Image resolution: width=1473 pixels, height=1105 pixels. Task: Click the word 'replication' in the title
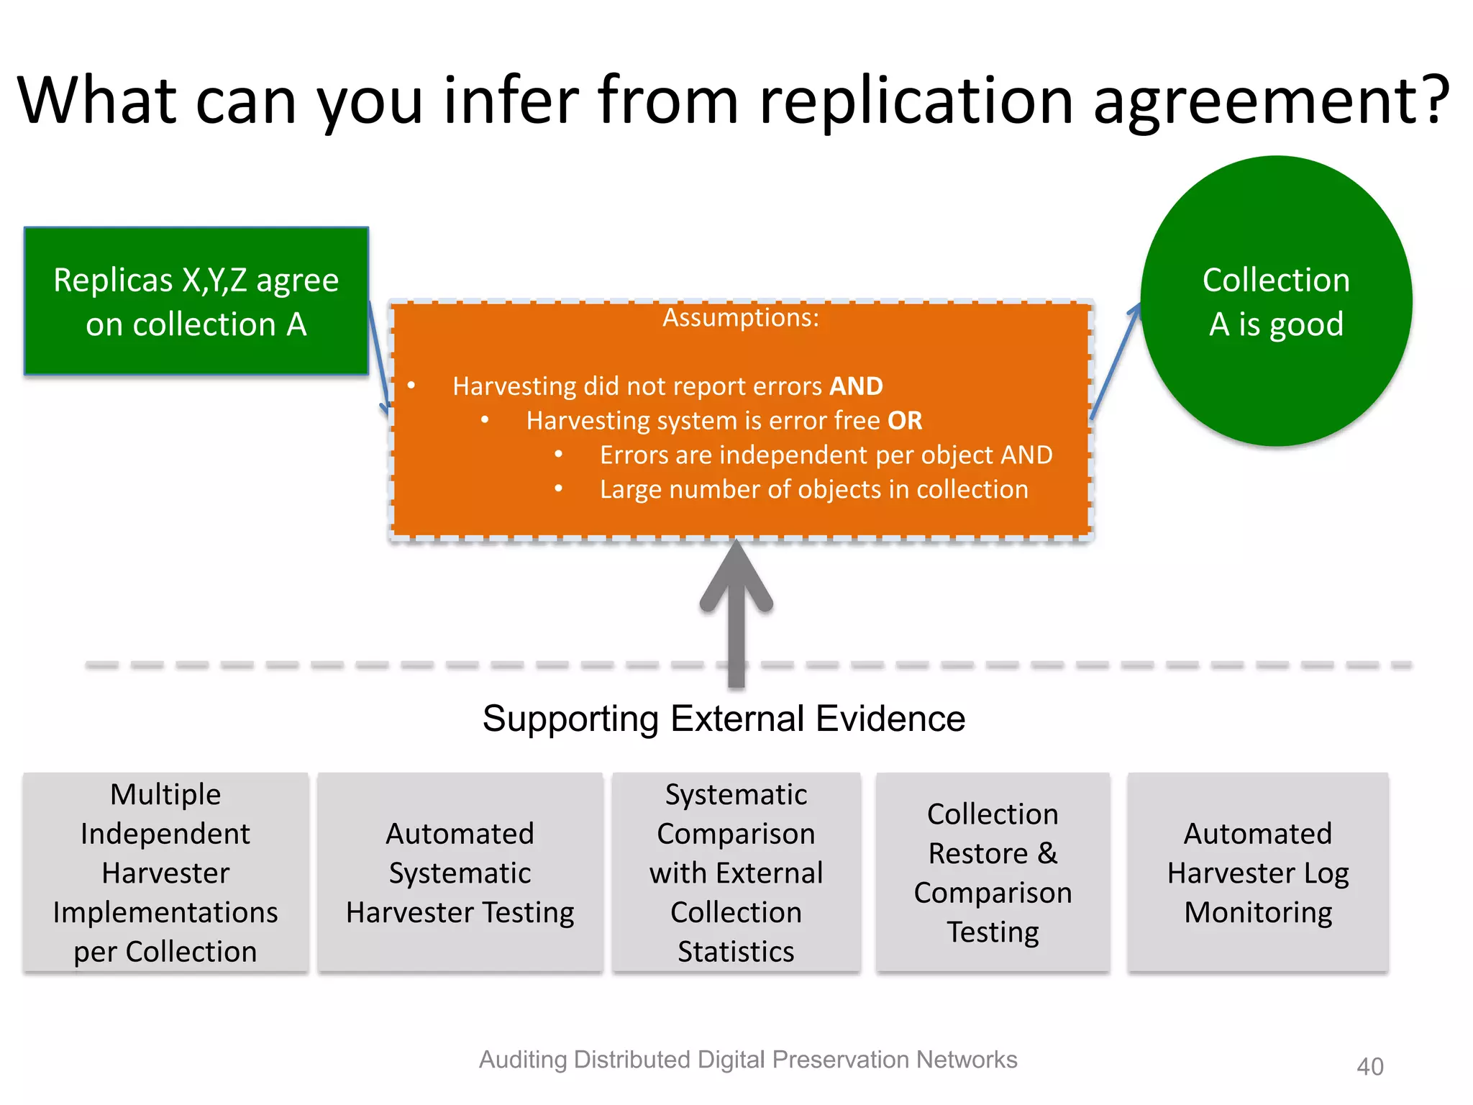pos(918,100)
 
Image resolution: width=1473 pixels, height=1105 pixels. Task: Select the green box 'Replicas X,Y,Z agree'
pos(196,301)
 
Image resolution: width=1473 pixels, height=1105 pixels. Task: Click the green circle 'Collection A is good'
pos(1276,301)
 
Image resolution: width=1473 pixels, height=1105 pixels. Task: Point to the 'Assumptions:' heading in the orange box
pos(741,317)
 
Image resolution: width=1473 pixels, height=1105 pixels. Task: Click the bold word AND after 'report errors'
pos(856,386)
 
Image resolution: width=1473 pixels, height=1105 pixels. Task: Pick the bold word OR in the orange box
pos(905,421)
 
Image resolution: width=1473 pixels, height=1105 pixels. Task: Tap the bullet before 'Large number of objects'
pos(559,489)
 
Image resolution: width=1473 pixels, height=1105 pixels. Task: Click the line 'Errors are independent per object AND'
pos(826,455)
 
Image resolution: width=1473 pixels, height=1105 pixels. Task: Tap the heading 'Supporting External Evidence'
pos(724,718)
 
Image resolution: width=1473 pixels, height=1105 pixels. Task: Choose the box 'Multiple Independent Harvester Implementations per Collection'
pos(165,872)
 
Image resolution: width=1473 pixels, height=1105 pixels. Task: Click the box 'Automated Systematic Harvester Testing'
pos(460,872)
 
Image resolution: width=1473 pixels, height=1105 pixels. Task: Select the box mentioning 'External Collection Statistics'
pos(736,872)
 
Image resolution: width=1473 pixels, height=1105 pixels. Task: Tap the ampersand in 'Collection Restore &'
pos(1047,853)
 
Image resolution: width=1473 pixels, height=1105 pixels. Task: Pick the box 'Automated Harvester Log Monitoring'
pos(1258,872)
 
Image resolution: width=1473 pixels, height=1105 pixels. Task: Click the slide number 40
pos(1369,1066)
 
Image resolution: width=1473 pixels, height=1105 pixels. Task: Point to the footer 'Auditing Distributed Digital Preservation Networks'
pos(748,1060)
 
